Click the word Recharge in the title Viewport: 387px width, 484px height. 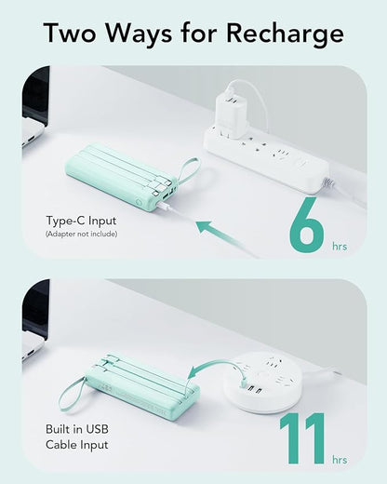tap(285, 34)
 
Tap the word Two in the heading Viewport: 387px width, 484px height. tap(70, 33)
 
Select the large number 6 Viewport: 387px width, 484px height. tap(306, 224)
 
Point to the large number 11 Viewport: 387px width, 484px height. tap(302, 438)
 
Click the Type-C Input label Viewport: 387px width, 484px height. tap(81, 221)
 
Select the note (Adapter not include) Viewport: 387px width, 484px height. tap(81, 234)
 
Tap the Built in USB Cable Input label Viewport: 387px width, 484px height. tap(77, 437)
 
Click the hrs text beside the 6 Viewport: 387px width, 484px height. tap(340, 247)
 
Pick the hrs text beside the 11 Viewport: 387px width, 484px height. tap(340, 460)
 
